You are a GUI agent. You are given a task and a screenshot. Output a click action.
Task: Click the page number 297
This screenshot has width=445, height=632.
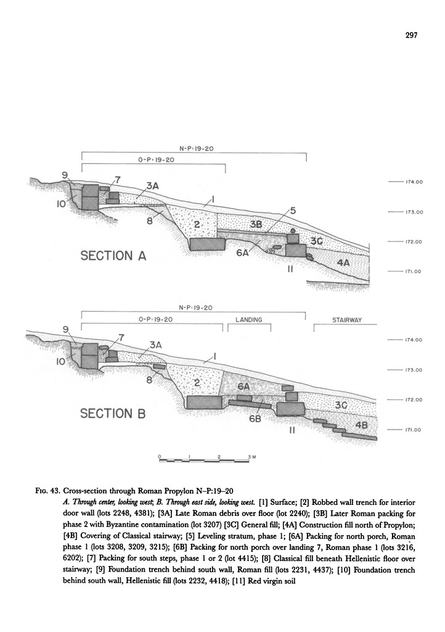412,35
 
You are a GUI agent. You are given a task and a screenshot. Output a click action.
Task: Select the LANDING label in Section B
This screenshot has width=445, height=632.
249,320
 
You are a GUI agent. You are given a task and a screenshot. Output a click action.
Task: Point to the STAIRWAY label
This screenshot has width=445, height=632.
346,320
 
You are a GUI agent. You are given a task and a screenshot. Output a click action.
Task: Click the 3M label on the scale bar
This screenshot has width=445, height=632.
252,455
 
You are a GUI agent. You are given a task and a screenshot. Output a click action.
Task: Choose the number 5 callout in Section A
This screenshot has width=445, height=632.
293,211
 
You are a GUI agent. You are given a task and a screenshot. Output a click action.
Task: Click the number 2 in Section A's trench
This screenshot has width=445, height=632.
196,225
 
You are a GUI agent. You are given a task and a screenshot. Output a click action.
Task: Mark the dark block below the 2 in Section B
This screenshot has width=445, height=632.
205,403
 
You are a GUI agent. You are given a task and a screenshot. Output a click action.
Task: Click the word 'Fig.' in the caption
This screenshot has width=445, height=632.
44,491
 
